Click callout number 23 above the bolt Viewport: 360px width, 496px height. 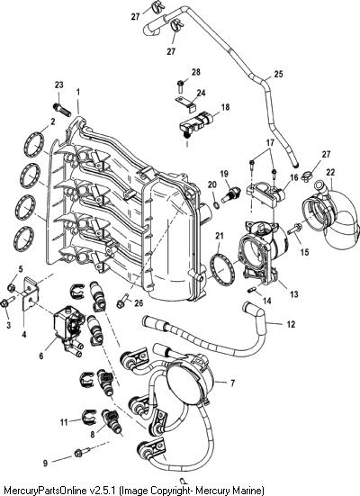coord(58,86)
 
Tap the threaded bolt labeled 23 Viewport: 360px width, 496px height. coord(62,110)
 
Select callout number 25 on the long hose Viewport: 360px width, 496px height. coord(279,75)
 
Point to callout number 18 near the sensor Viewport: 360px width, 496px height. coord(225,107)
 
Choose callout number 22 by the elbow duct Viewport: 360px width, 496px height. coord(330,173)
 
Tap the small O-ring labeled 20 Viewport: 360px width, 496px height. coord(216,205)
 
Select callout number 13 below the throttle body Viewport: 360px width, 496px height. coord(294,294)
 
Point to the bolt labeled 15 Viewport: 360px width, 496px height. coord(293,229)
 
